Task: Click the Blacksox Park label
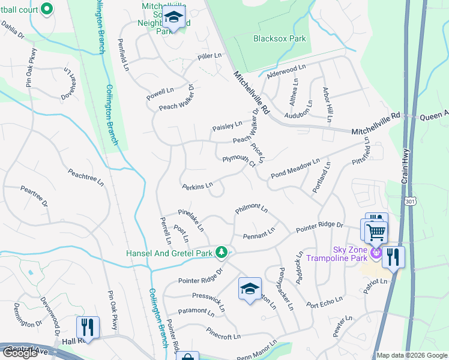pyautogui.click(x=279, y=39)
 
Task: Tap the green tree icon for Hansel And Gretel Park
pyautogui.click(x=222, y=252)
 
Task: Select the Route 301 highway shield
pyautogui.click(x=408, y=198)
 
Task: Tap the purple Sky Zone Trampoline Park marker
pyautogui.click(x=376, y=253)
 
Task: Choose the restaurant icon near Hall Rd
pyautogui.click(x=88, y=327)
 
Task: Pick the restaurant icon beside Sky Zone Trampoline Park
pyautogui.click(x=393, y=256)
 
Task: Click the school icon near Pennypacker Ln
pyautogui.click(x=250, y=289)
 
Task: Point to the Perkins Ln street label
pyautogui.click(x=198, y=186)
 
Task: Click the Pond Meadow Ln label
pyautogui.click(x=295, y=169)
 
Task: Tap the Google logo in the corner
pyautogui.click(x=19, y=353)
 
